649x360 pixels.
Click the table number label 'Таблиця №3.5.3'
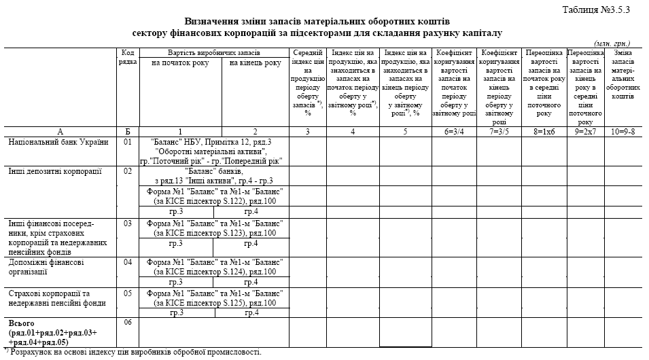597,9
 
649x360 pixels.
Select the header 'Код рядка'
128,58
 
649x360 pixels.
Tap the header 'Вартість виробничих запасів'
214,53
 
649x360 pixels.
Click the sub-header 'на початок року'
180,63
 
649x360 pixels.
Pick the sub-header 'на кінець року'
255,63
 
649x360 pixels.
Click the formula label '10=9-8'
623,132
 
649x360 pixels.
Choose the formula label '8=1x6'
544,132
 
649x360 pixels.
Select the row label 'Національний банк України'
57,142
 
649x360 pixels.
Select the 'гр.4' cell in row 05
251,312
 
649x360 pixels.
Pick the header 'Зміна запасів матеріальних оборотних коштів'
623,75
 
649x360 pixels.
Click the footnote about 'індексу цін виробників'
133,352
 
